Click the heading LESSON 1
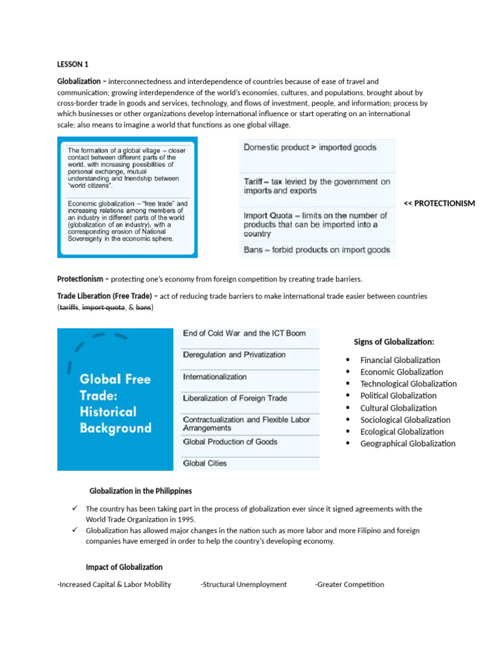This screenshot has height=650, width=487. (x=73, y=63)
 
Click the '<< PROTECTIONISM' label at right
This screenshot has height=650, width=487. (x=439, y=203)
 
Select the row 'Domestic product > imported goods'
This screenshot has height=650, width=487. (x=310, y=147)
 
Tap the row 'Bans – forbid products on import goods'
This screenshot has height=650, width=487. (x=316, y=250)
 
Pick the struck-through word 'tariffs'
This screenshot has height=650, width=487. (x=69, y=307)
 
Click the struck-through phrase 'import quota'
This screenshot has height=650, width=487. (x=103, y=307)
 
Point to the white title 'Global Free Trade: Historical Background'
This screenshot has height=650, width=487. (x=115, y=403)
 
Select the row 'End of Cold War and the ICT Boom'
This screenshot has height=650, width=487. (x=244, y=333)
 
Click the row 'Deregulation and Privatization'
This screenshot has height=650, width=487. (x=234, y=355)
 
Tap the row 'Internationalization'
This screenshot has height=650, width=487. (x=214, y=376)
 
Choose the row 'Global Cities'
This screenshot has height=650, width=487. (x=204, y=463)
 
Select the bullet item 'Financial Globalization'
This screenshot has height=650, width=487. (x=400, y=360)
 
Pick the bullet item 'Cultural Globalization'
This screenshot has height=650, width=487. (x=398, y=408)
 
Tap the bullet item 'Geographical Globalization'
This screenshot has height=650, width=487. (x=408, y=444)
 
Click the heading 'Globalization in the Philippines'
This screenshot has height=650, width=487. (x=141, y=491)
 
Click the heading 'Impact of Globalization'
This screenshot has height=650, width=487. (x=124, y=567)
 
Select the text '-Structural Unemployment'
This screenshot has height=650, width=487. (x=243, y=585)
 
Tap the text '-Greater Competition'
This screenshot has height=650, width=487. (x=349, y=585)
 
